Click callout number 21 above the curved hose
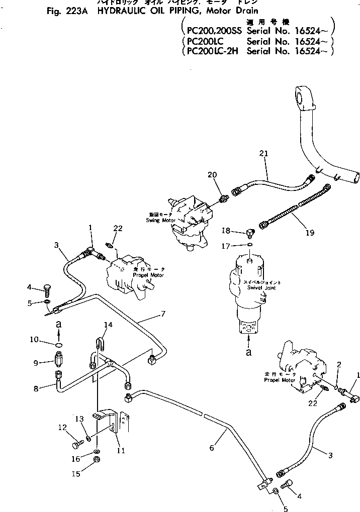264,153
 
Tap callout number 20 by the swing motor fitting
213,174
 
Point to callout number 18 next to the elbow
226,231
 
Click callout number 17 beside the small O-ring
226,246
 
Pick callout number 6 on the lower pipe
211,448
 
